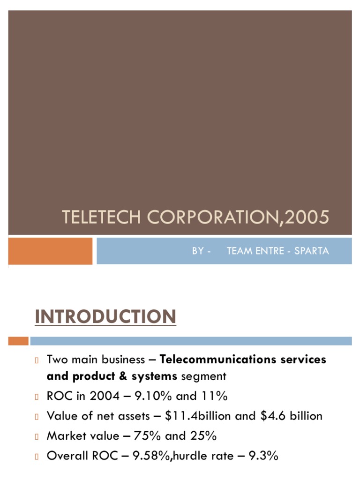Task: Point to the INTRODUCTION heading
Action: coord(105,317)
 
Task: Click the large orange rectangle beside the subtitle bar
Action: coord(50,251)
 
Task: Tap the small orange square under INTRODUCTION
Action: coord(18,341)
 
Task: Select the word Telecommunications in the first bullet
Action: coord(218,360)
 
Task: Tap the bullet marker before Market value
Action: coord(36,436)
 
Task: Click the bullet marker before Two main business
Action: coord(36,360)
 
